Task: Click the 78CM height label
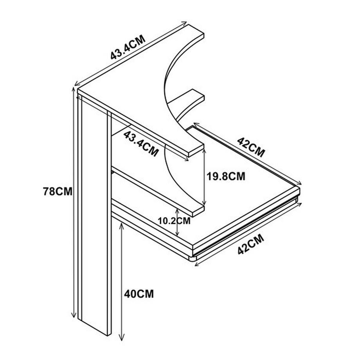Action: pyautogui.click(x=58, y=191)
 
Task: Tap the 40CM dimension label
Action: pyautogui.click(x=139, y=294)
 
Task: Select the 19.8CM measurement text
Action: pyautogui.click(x=226, y=176)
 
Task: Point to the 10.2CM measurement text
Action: pyautogui.click(x=174, y=221)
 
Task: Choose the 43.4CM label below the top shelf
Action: pyautogui.click(x=141, y=144)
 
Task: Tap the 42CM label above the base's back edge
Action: pyautogui.click(x=251, y=147)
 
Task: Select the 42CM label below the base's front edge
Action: pyautogui.click(x=251, y=244)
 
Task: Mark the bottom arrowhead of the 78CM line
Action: pyautogui.click(x=74, y=315)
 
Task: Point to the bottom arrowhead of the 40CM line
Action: pyautogui.click(x=122, y=338)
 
